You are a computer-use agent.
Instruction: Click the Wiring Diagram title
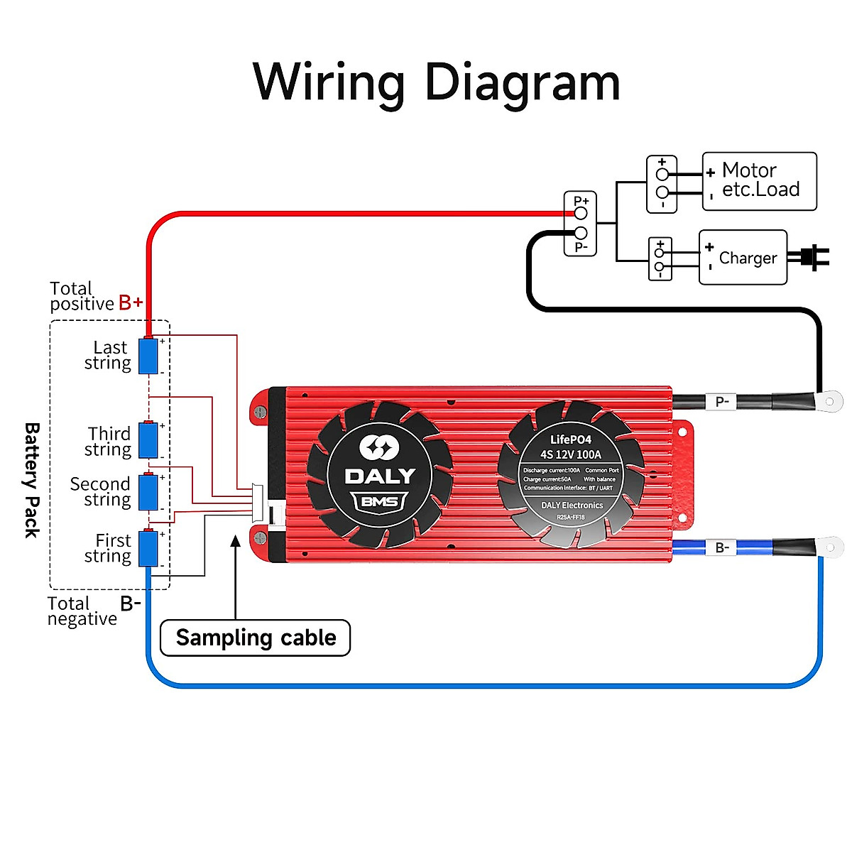[x=437, y=82]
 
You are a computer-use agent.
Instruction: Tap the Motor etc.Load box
[x=759, y=181]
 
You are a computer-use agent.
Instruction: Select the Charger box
[x=743, y=257]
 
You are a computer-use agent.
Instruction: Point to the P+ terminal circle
[x=581, y=213]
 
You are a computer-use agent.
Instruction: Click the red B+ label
[x=131, y=303]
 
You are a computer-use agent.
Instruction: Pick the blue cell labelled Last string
[x=148, y=356]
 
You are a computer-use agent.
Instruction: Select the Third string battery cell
[x=148, y=440]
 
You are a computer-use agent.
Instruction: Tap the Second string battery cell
[x=148, y=492]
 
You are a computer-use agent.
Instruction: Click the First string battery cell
[x=148, y=549]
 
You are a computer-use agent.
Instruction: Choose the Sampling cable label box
[x=256, y=638]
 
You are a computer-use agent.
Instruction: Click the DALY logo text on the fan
[x=380, y=476]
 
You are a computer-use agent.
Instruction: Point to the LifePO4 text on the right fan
[x=570, y=439]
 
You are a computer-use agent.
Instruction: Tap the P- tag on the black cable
[x=722, y=402]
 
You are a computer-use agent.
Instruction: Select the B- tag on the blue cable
[x=722, y=547]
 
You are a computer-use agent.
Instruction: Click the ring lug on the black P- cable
[x=828, y=401]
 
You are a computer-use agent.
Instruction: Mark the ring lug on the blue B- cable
[x=828, y=547]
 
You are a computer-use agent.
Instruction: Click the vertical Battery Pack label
[x=32, y=480]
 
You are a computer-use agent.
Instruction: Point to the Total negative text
[x=82, y=611]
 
